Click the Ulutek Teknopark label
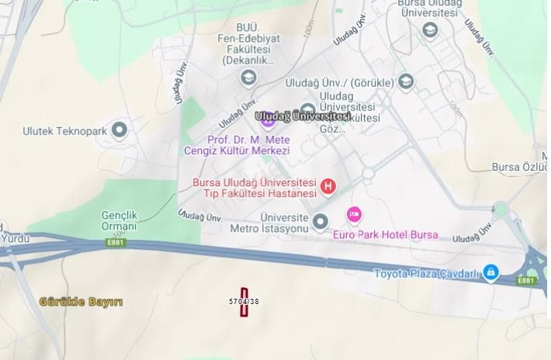[64, 131]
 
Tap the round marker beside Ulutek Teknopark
[119, 130]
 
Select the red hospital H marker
[328, 186]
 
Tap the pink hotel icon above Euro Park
[354, 213]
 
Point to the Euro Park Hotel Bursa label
[385, 234]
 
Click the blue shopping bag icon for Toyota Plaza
[490, 272]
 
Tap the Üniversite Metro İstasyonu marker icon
[321, 223]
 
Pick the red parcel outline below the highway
[244, 301]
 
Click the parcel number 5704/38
[244, 301]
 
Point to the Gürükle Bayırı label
[81, 301]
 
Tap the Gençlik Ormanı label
[120, 220]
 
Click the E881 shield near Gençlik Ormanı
[116, 242]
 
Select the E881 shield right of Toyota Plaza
[527, 279]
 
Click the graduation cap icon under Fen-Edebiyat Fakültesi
[248, 78]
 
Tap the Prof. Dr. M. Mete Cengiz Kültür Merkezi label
[236, 145]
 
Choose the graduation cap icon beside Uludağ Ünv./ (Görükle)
[405, 81]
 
